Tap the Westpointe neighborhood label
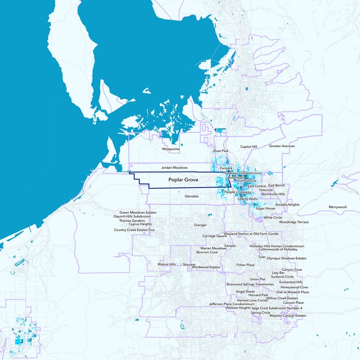pos(171,148)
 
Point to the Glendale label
pos(192,196)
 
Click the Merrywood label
pos(337,207)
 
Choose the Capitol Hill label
pos(248,147)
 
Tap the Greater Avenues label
pos(282,146)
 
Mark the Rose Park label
pos(221,151)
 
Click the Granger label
pos(200,225)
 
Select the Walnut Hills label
pos(166,265)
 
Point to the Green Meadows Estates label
pos(138,212)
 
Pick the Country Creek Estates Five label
pos(134,230)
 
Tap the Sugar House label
pos(265,209)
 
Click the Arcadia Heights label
pos(287,205)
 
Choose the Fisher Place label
pos(245,265)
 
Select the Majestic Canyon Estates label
pos(288,316)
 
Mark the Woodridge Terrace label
pos(293,222)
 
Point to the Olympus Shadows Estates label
pos(286,259)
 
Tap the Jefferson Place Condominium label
pos(228,304)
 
